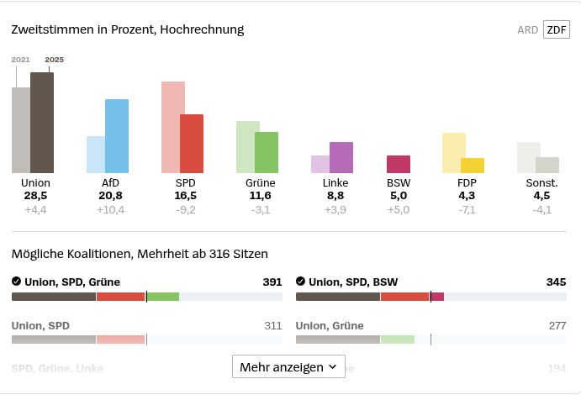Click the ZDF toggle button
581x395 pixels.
tap(556, 29)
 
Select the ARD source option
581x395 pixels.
tap(527, 29)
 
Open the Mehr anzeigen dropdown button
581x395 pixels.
tap(288, 367)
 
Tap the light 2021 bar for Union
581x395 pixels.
tap(20, 130)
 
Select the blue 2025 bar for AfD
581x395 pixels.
tap(117, 136)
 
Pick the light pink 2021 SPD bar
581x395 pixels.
tap(172, 127)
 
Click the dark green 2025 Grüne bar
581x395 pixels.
tap(267, 152)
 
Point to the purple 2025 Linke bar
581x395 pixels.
tap(341, 157)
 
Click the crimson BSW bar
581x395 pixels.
tap(399, 164)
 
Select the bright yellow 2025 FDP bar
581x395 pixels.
tap(473, 166)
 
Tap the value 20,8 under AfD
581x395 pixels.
tap(110, 196)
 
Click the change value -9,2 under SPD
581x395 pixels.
tap(185, 209)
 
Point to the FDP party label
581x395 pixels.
tap(467, 182)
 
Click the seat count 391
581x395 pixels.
tap(272, 282)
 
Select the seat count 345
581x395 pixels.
tap(556, 282)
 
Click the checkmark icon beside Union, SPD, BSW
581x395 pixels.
tap(301, 282)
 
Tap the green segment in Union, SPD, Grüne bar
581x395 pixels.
tap(163, 297)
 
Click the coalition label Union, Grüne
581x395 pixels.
tap(330, 325)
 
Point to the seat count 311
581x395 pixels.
tap(272, 325)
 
